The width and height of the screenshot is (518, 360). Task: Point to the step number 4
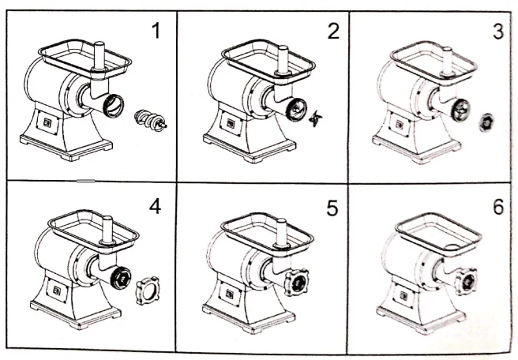click(155, 208)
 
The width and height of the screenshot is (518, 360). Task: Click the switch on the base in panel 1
click(45, 123)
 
